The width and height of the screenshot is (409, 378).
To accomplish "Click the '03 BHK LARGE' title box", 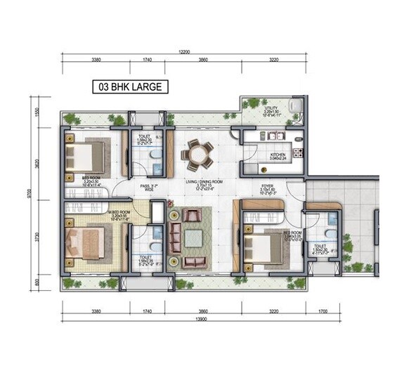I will coord(131,87).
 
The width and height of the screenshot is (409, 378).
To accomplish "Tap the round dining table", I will coord(198,153).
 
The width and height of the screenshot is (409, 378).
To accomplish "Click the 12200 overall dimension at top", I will coord(184,51).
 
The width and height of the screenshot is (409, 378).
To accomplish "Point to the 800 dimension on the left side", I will coord(48,281).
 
